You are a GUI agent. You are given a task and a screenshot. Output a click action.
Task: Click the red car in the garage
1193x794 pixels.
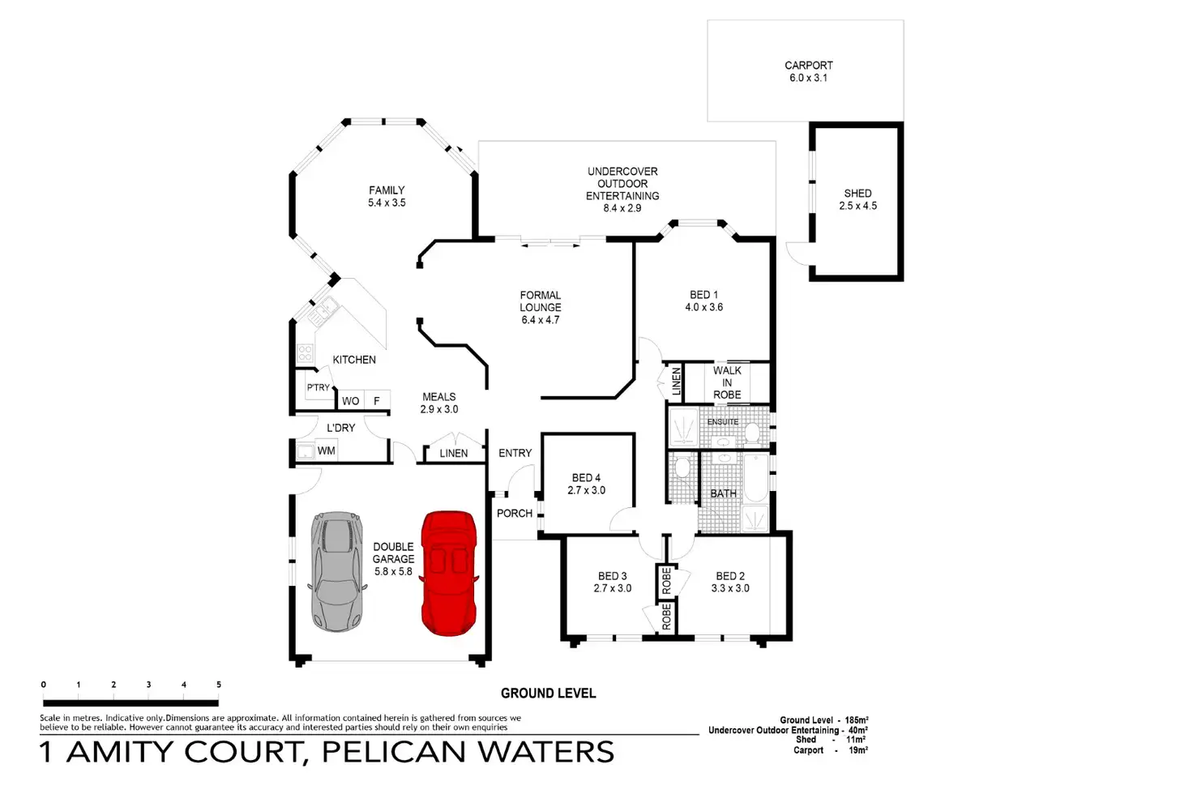click(448, 573)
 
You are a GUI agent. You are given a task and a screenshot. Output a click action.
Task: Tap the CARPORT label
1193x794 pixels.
click(808, 66)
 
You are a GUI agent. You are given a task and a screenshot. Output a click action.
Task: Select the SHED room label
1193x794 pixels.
click(857, 194)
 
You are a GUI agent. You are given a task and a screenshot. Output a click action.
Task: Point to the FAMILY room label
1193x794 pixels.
click(387, 190)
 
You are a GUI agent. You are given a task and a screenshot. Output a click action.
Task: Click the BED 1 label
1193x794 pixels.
click(703, 295)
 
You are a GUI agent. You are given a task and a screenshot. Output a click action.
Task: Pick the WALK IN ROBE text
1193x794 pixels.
click(727, 382)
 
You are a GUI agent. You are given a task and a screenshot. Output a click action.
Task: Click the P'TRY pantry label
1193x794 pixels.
click(319, 387)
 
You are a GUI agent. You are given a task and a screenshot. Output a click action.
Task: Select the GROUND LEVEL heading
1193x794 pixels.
click(548, 694)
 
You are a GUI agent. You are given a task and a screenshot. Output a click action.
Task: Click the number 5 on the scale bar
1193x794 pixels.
click(219, 685)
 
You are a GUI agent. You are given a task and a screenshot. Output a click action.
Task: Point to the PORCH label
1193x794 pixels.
click(515, 514)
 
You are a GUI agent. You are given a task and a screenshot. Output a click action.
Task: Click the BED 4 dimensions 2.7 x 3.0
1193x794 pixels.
click(586, 491)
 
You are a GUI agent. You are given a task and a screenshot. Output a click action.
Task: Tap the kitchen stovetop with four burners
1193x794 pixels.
click(305, 353)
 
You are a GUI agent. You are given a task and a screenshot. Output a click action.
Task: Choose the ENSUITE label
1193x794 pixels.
click(722, 422)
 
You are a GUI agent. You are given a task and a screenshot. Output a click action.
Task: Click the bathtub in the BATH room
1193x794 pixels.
click(756, 477)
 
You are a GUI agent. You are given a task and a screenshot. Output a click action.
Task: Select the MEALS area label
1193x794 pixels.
click(438, 397)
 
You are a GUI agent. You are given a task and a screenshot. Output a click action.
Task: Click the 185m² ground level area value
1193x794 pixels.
click(857, 720)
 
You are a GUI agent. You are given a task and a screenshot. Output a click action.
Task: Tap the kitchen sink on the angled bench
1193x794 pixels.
click(322, 309)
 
